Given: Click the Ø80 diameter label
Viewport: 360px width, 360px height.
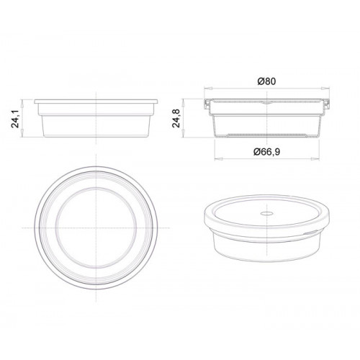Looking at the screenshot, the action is pos(266,81).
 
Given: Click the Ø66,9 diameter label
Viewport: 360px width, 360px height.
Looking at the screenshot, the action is pos(266,152).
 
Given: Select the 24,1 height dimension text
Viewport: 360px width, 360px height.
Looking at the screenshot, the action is pos(16,118).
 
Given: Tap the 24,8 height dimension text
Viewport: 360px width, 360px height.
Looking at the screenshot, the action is pos(176,118).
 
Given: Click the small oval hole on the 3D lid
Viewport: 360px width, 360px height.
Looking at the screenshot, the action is pos(267,213).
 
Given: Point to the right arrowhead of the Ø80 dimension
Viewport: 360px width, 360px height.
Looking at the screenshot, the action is pos(326,89).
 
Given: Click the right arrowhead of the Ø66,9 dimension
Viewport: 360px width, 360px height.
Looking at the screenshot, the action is pos(315,158).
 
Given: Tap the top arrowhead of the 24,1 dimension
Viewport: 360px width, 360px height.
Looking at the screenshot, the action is pos(22,103).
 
